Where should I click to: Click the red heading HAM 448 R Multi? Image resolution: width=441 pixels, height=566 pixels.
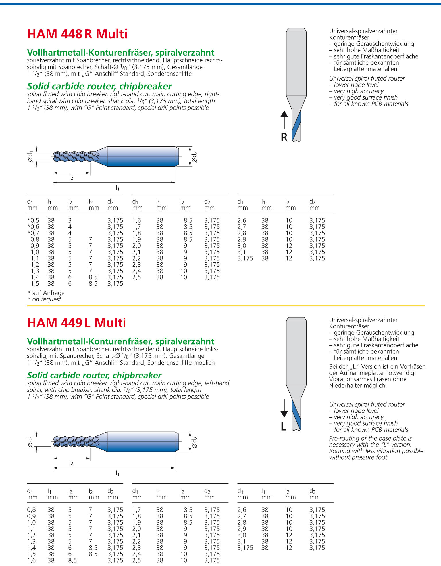click(77, 34)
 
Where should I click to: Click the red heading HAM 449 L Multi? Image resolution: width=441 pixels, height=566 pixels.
click(76, 323)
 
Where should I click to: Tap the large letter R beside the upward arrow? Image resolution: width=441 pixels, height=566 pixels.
click(284, 137)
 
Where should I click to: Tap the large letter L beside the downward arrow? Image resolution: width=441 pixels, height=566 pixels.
click(284, 426)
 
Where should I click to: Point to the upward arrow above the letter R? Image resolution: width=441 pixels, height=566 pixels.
click(284, 119)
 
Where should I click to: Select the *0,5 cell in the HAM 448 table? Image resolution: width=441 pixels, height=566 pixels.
click(33, 220)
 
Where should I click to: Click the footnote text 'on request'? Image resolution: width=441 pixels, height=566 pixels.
click(47, 299)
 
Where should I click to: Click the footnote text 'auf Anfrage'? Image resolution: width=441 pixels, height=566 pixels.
click(48, 293)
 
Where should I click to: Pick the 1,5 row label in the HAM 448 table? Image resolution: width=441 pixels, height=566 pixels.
click(35, 284)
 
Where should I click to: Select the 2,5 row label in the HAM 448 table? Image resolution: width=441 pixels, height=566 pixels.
click(137, 277)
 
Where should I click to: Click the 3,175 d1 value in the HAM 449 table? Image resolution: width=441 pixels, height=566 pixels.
click(245, 548)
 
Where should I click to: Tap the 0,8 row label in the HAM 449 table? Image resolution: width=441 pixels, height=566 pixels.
click(31, 510)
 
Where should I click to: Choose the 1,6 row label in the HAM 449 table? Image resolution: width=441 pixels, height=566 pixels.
click(31, 560)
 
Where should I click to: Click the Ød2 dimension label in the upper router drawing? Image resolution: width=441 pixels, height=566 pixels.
click(194, 157)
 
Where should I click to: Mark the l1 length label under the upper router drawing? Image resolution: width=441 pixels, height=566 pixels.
click(118, 188)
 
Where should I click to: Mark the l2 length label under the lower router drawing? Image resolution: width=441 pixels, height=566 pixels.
click(71, 462)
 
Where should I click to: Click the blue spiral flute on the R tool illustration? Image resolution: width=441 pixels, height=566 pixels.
click(296, 125)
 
